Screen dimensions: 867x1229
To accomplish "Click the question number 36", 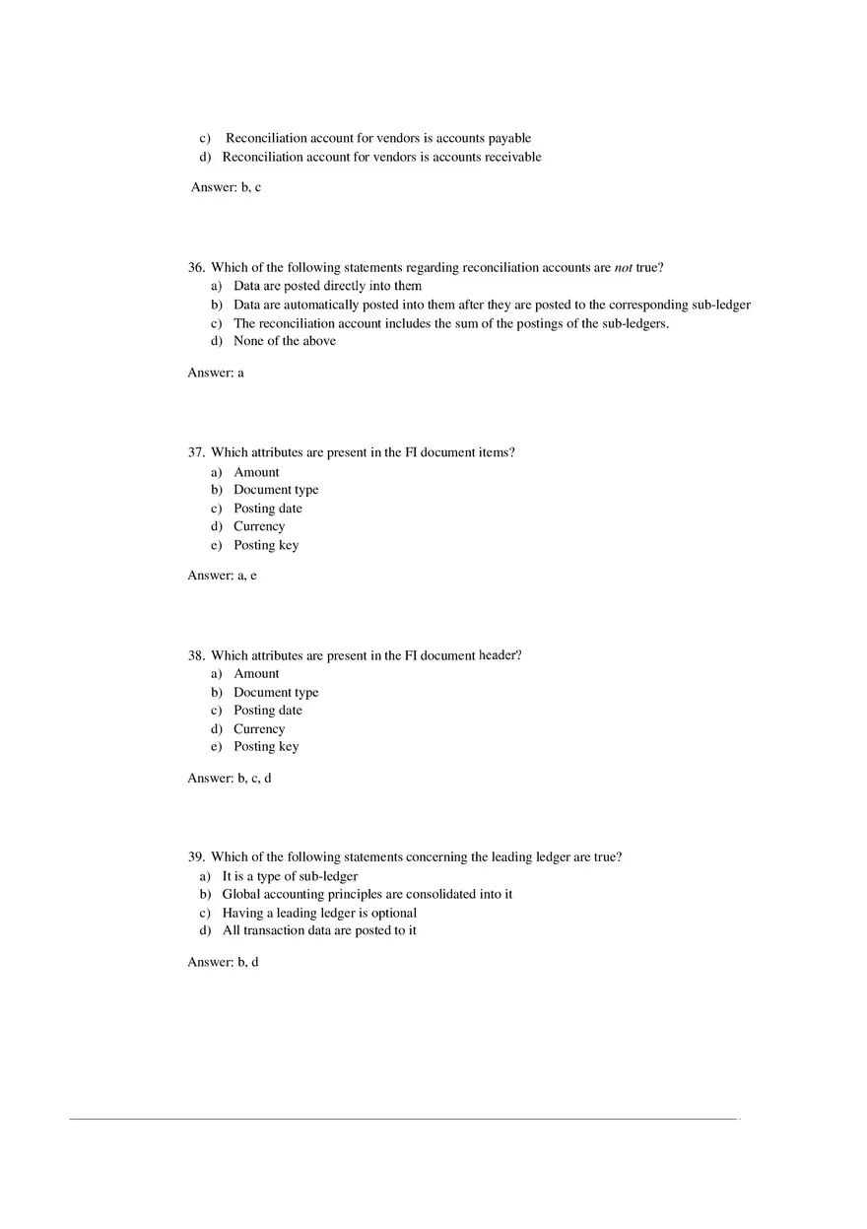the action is (195, 267).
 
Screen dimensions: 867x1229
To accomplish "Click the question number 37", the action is (195, 452).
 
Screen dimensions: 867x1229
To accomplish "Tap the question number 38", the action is (195, 655).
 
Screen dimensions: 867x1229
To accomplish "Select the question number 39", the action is (195, 857).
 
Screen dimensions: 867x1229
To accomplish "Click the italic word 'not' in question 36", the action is (623, 267).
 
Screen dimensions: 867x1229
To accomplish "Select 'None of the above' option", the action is (284, 341).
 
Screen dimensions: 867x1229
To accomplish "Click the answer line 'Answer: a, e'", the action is (222, 576).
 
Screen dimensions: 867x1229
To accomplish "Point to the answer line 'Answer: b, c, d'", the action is (229, 779).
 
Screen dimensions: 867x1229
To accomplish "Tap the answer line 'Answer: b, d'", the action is (223, 962).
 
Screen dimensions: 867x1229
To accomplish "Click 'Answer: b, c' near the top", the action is (226, 187).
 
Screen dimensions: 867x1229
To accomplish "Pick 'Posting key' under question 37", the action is (266, 545).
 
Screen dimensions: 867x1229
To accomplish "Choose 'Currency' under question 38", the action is (259, 729).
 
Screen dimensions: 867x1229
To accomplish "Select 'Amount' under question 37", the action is (256, 472).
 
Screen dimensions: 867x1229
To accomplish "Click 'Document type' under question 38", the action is (276, 693).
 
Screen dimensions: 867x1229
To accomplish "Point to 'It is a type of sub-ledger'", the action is (290, 876).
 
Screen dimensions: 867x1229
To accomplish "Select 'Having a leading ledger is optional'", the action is (319, 913).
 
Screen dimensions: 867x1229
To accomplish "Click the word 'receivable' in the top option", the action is (508, 157).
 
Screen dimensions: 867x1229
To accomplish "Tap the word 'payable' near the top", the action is (509, 138).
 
